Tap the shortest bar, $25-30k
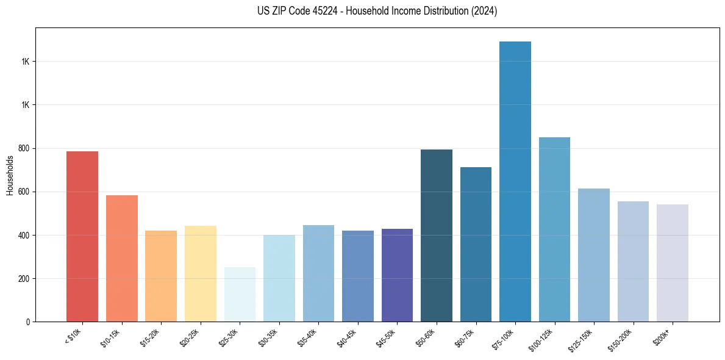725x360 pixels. [240, 294]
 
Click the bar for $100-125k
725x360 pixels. [554, 229]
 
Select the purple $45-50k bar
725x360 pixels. [397, 275]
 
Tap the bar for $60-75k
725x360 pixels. [476, 244]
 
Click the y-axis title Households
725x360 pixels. [10, 175]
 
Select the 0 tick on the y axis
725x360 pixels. [29, 322]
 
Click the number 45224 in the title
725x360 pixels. [318, 11]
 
